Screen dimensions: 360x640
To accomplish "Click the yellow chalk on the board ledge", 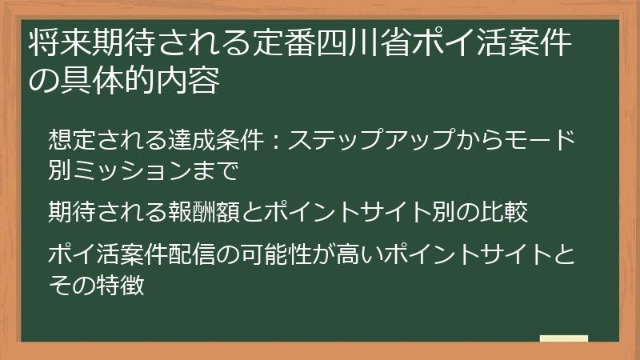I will point(563,338).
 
